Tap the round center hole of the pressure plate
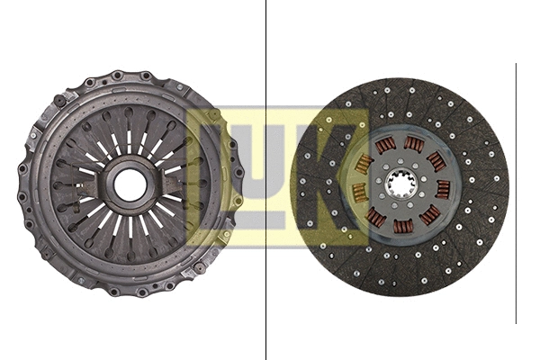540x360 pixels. point(130,185)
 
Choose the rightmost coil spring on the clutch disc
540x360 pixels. point(443,188)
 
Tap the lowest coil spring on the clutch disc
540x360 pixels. point(404,226)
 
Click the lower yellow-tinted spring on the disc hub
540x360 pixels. point(358,192)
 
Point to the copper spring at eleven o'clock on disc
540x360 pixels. point(384,147)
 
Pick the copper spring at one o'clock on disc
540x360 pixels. point(414,144)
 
